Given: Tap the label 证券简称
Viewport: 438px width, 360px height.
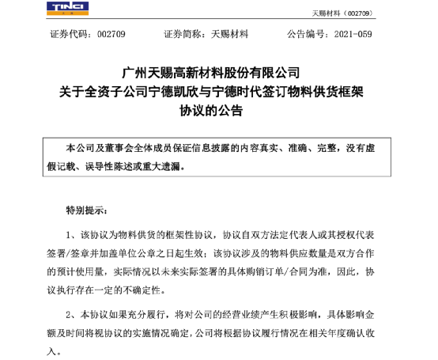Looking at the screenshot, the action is (x=183, y=36).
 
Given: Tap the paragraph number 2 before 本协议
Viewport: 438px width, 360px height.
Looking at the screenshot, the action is (x=71, y=313).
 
